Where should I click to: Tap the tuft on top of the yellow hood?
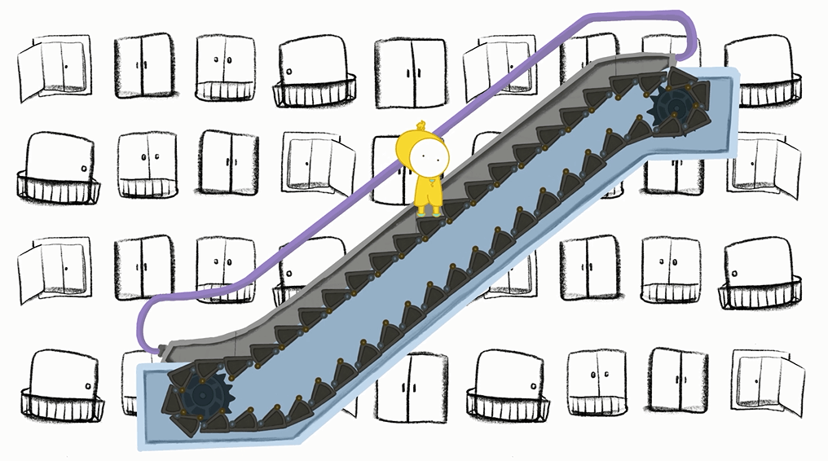[421, 125]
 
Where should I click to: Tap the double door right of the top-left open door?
[143, 65]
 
